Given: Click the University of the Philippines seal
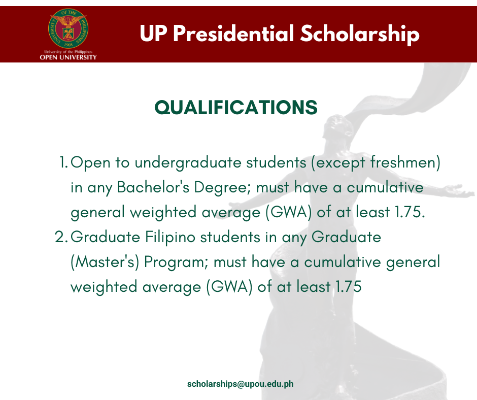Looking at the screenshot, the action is pos(69,28).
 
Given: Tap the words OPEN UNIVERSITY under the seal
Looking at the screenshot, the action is pos(68,57).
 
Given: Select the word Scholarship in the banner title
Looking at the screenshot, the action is pos(360,34).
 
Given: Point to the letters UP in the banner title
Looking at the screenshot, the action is pos(153,33).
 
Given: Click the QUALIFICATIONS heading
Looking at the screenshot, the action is pos(236,108).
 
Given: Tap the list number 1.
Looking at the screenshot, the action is pos(63,162).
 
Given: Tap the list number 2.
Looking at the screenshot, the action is pos(61,237).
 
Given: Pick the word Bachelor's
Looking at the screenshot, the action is pos(153,187).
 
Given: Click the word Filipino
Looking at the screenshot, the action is pos(170,238).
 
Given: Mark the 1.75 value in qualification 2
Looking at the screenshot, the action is pos(348,287).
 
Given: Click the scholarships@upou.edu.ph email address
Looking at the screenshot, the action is pos(241,384).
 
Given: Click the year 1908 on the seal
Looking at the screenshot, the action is pos(69,45).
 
